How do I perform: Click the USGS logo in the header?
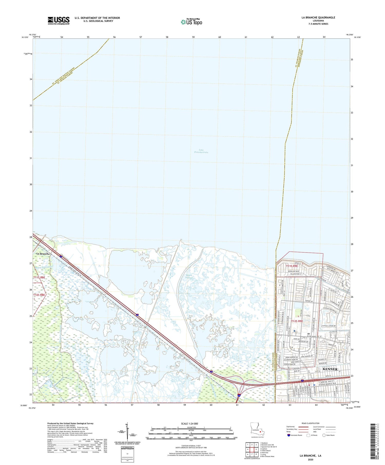coord(59,21)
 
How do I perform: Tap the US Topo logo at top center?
coord(191,22)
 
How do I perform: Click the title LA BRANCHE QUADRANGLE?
coord(318,17)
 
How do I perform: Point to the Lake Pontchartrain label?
coord(201,151)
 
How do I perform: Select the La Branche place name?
coord(43,254)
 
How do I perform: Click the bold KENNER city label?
coord(330,369)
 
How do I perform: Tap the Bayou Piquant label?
coord(189,276)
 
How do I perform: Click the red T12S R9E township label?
coord(297,321)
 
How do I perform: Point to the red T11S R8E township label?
coord(39,278)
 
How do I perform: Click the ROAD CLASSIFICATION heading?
coord(311,423)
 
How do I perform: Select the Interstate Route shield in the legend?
coord(288,435)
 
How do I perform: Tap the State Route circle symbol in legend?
coord(324,435)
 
